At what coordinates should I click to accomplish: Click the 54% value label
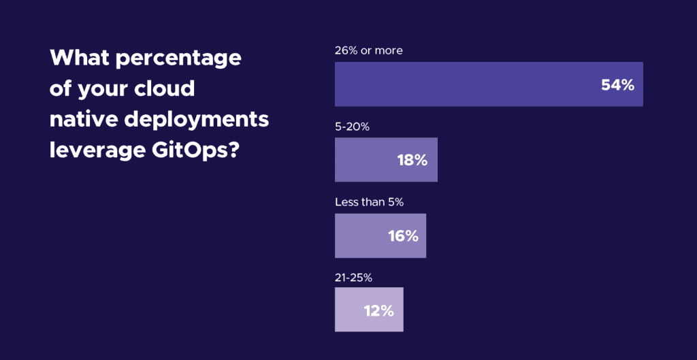[617, 85]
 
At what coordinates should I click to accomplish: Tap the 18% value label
[412, 161]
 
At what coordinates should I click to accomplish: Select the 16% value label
[402, 236]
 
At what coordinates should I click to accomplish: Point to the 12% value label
[378, 310]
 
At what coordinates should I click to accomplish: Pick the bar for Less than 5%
[361, 235]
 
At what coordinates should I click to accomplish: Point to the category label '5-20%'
[352, 127]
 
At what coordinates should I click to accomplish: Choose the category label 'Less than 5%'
[370, 202]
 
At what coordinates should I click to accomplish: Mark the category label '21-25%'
[353, 277]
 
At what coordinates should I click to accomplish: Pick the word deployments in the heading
[197, 120]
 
